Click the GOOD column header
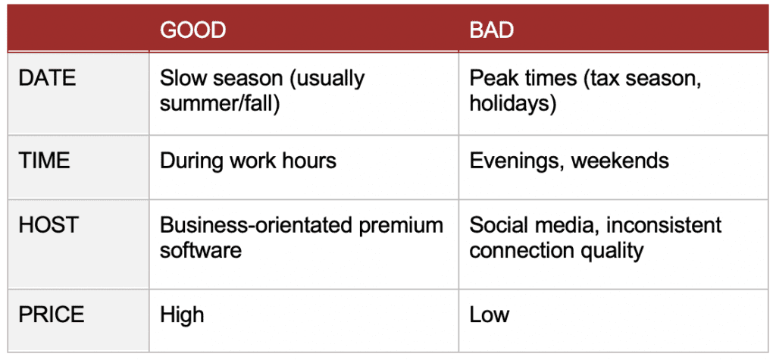tap(192, 30)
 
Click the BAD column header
tap(491, 30)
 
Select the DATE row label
tap(46, 78)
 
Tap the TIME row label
tap(43, 160)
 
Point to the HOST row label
tap(45, 225)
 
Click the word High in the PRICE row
tap(182, 315)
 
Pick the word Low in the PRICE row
tap(490, 315)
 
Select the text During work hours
tap(248, 160)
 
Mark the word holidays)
tap(513, 103)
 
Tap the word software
tap(201, 250)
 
